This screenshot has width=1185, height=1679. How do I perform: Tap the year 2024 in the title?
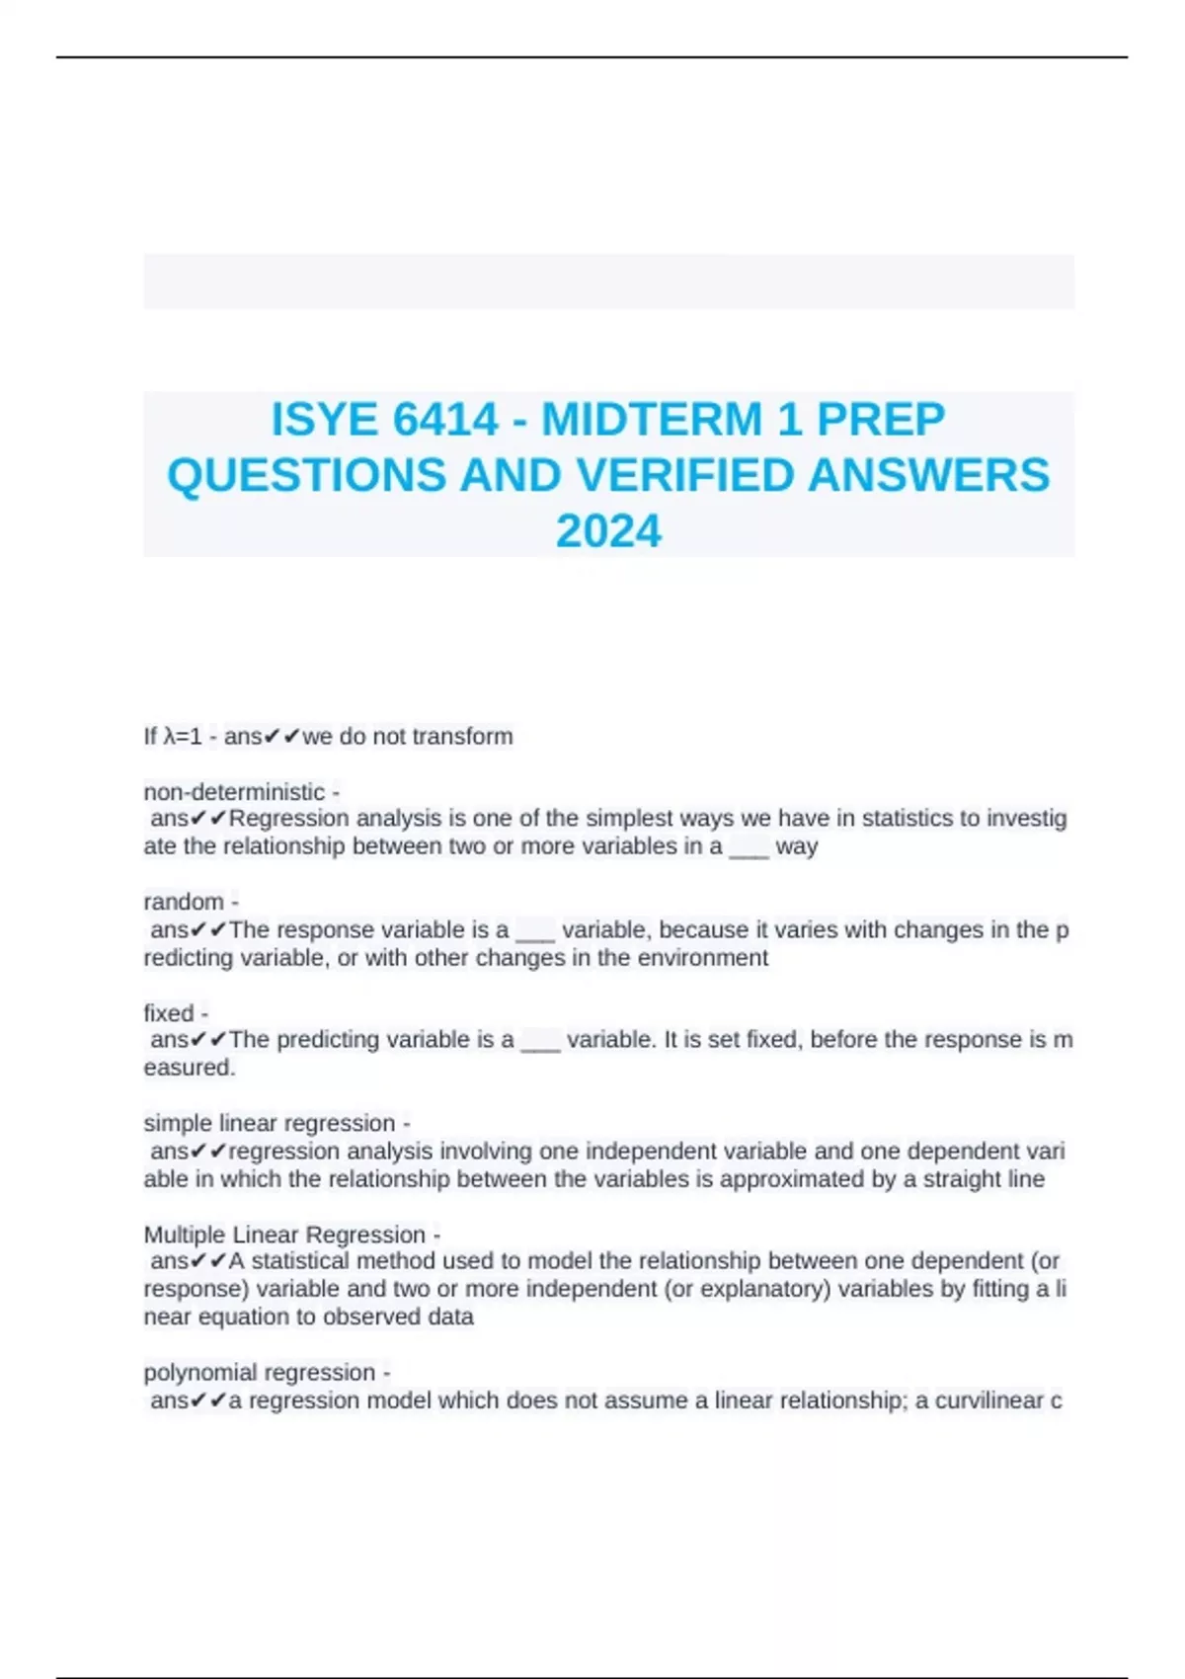pyautogui.click(x=608, y=531)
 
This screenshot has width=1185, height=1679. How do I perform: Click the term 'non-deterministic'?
pyautogui.click(x=234, y=792)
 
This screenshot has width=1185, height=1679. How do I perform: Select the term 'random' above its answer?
pyautogui.click(x=184, y=902)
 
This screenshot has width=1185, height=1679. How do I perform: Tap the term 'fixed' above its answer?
pyautogui.click(x=169, y=1013)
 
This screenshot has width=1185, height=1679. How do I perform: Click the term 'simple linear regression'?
pyautogui.click(x=269, y=1124)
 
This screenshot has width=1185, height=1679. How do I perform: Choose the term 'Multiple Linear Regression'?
pyautogui.click(x=284, y=1235)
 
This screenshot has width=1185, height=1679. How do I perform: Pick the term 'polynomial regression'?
pyautogui.click(x=259, y=1373)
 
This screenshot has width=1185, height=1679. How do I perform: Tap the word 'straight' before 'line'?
pyautogui.click(x=962, y=1179)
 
